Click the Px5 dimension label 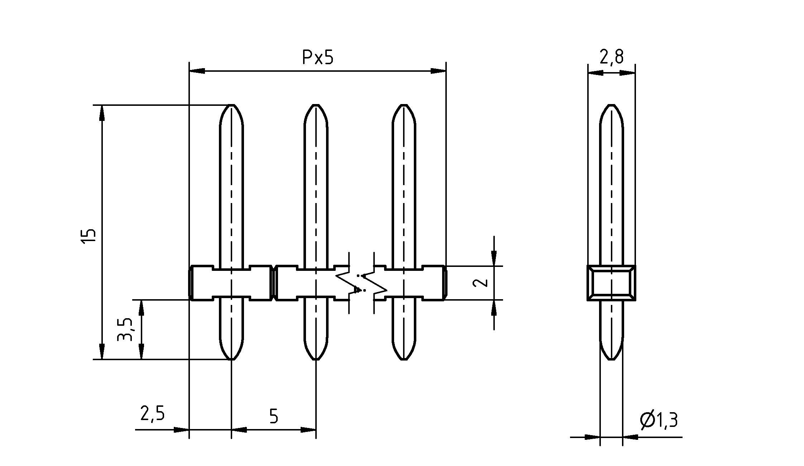pos(317,58)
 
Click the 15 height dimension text pos(88,237)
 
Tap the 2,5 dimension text pos(152,414)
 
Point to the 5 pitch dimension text pos(273,416)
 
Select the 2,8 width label pos(611,57)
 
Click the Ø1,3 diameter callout pos(659,419)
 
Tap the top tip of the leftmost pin pos(231,105)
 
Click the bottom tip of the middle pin pos(316,359)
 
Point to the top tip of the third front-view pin pos(404,105)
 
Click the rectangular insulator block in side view pos(611,283)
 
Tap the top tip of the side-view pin pos(612,105)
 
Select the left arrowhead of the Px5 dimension pos(197,71)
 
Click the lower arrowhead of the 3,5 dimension pos(141,352)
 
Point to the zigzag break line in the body pos(362,283)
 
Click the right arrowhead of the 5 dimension pos(308,429)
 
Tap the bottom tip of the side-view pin pos(612,359)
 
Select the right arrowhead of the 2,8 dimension pos(628,72)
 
